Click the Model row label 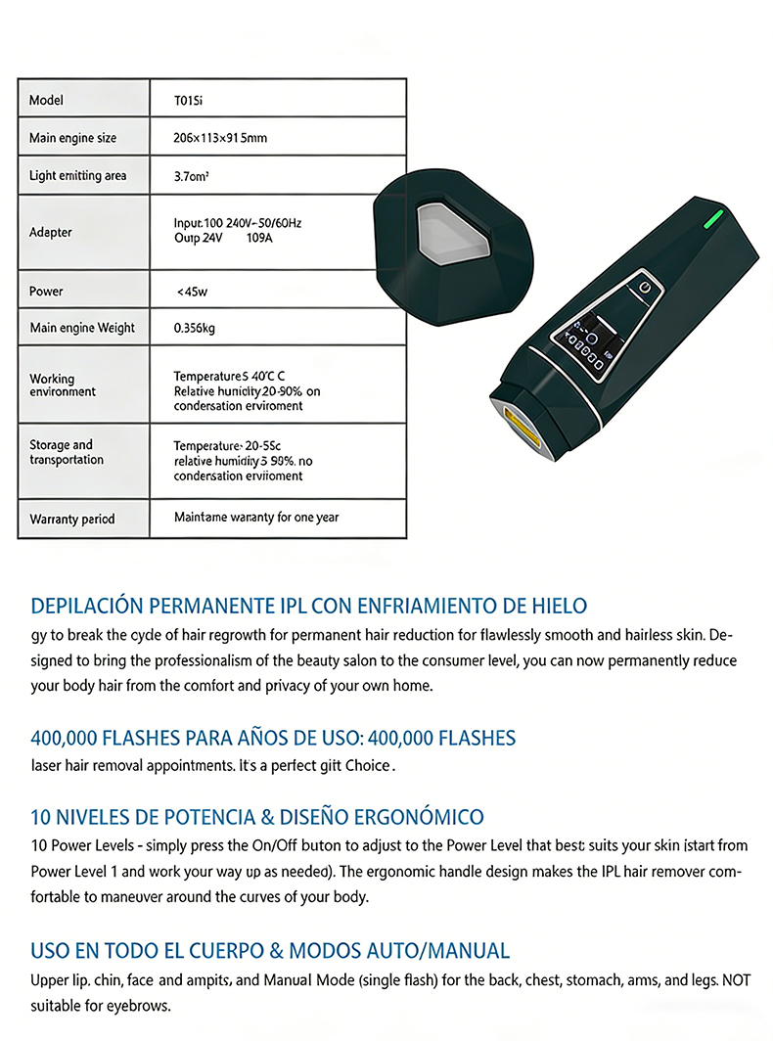46,101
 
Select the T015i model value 189,101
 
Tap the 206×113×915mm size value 220,138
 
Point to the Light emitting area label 77,176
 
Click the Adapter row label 50,233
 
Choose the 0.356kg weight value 194,328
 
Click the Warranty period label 71,519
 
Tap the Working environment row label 63,385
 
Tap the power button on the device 643,287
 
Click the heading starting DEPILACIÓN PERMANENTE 308,606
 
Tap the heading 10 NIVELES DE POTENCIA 256,816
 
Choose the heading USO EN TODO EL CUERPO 270,950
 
